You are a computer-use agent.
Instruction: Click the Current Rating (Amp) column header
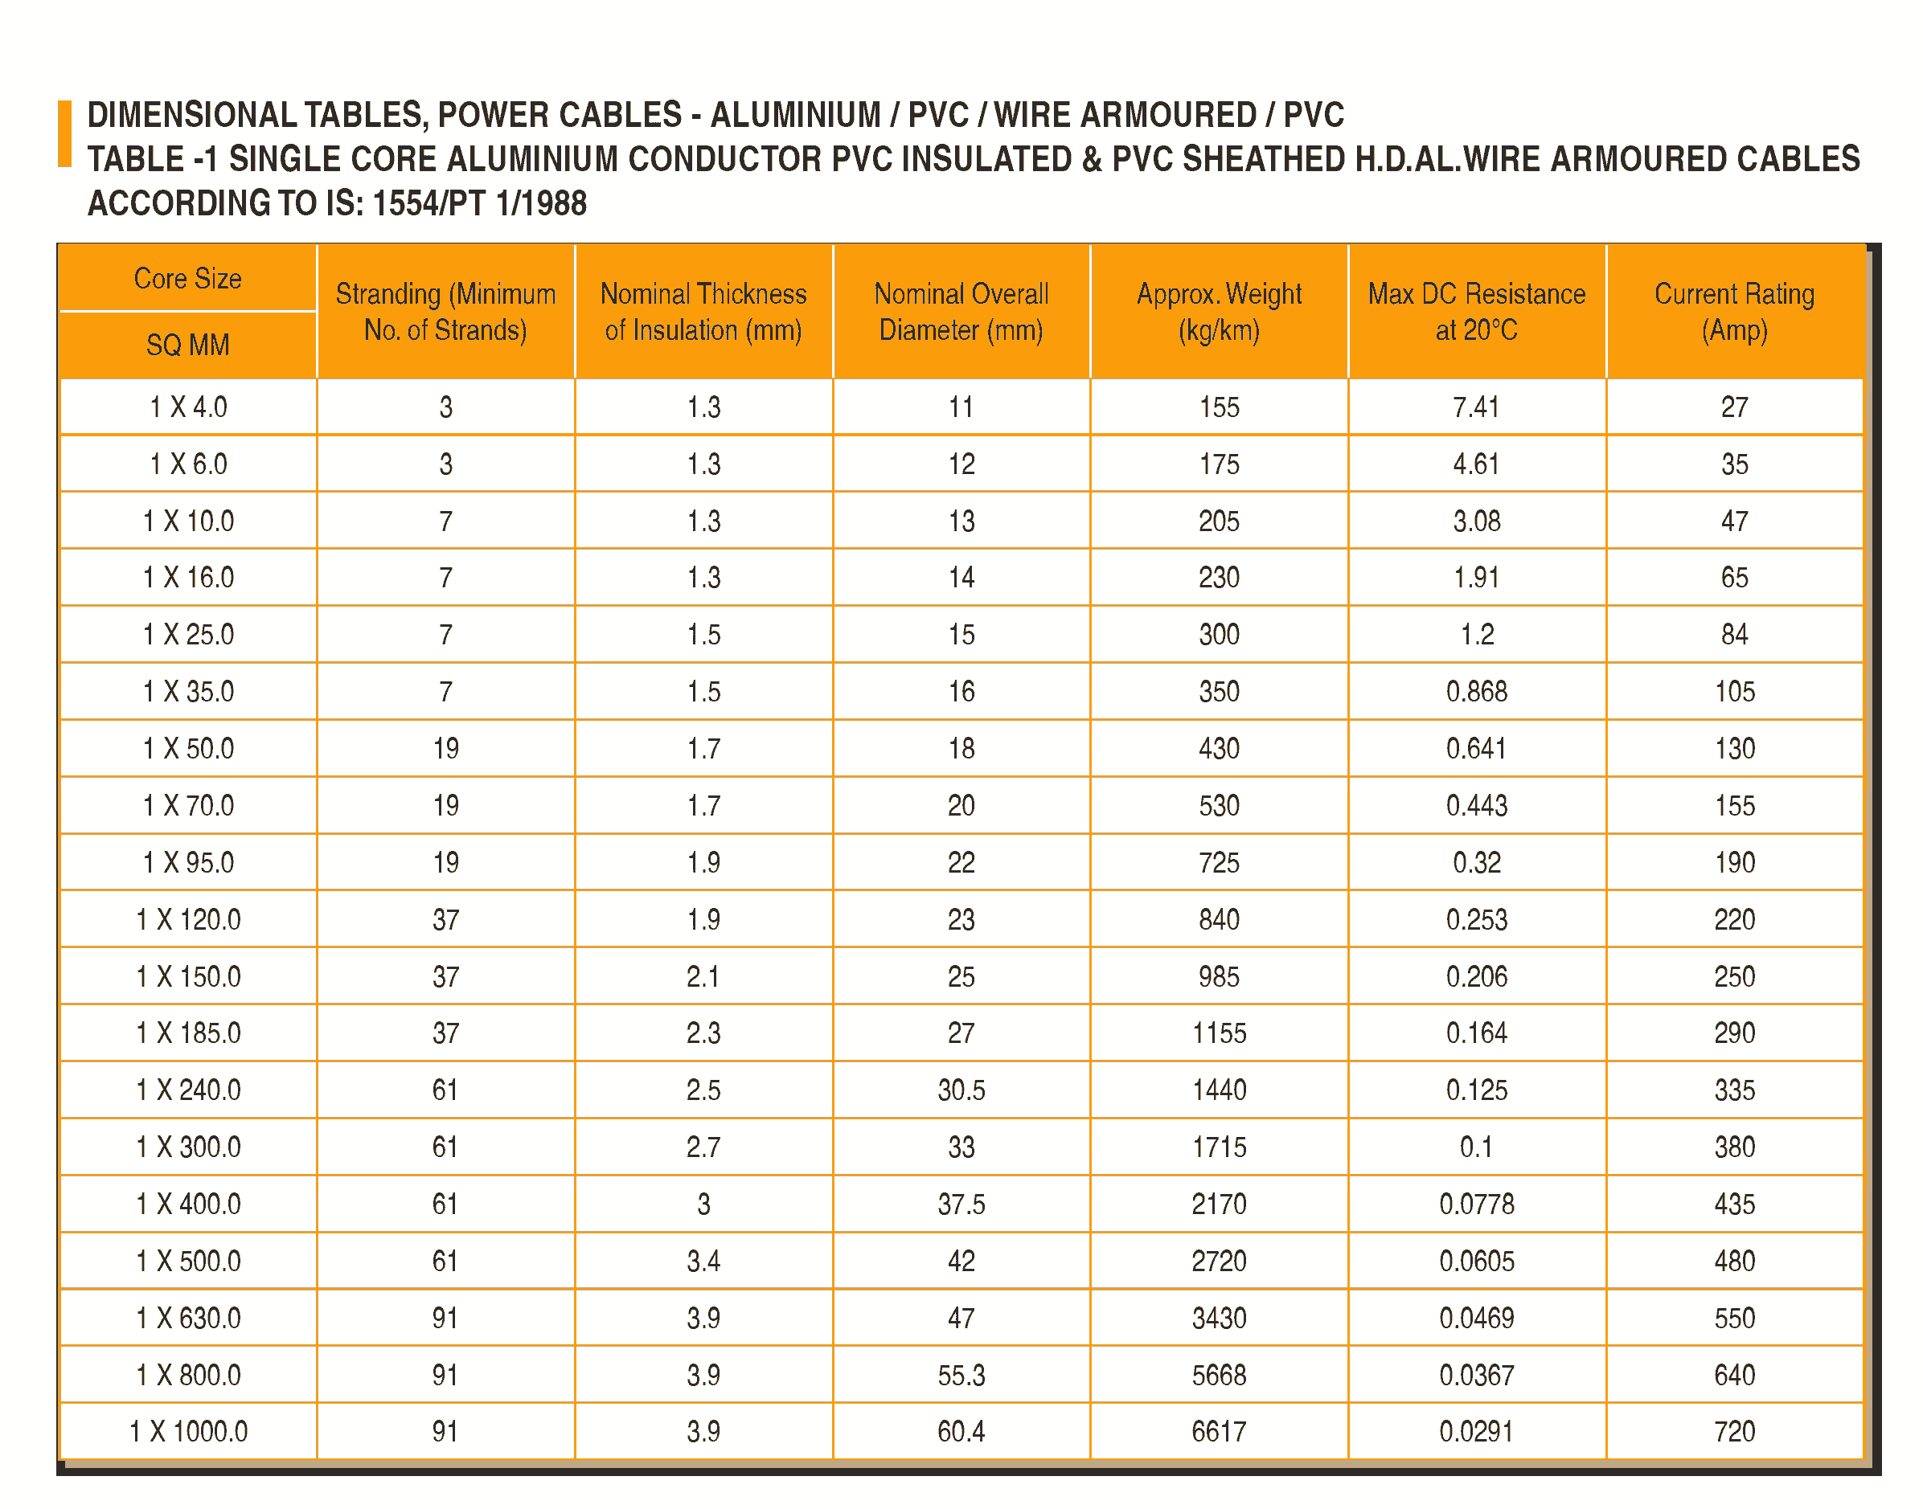coord(1733,311)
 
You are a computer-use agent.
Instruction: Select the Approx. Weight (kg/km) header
coord(1219,311)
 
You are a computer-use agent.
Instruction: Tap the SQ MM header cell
coord(187,345)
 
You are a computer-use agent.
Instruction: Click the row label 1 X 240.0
coord(187,1090)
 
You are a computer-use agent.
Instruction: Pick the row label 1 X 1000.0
coord(187,1431)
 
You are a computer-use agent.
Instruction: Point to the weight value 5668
coord(1219,1375)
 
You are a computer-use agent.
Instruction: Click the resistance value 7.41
coord(1476,407)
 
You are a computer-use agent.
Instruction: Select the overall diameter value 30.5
coord(961,1090)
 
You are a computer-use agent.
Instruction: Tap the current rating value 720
coord(1733,1431)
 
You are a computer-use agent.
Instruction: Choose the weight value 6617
coord(1219,1431)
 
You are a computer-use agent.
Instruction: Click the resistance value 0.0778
coord(1476,1204)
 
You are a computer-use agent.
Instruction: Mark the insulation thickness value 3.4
coord(703,1261)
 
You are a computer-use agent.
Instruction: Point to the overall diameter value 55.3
coord(961,1375)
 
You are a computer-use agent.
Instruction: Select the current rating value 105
coord(1733,691)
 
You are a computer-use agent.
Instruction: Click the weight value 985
coord(1219,976)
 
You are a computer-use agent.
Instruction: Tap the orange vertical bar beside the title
coord(64,133)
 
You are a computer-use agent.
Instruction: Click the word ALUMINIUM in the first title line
coord(795,115)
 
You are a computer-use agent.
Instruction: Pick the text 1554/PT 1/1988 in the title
coord(479,203)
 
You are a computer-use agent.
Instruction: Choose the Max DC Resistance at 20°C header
coord(1476,311)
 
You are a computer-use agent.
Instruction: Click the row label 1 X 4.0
coord(187,407)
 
